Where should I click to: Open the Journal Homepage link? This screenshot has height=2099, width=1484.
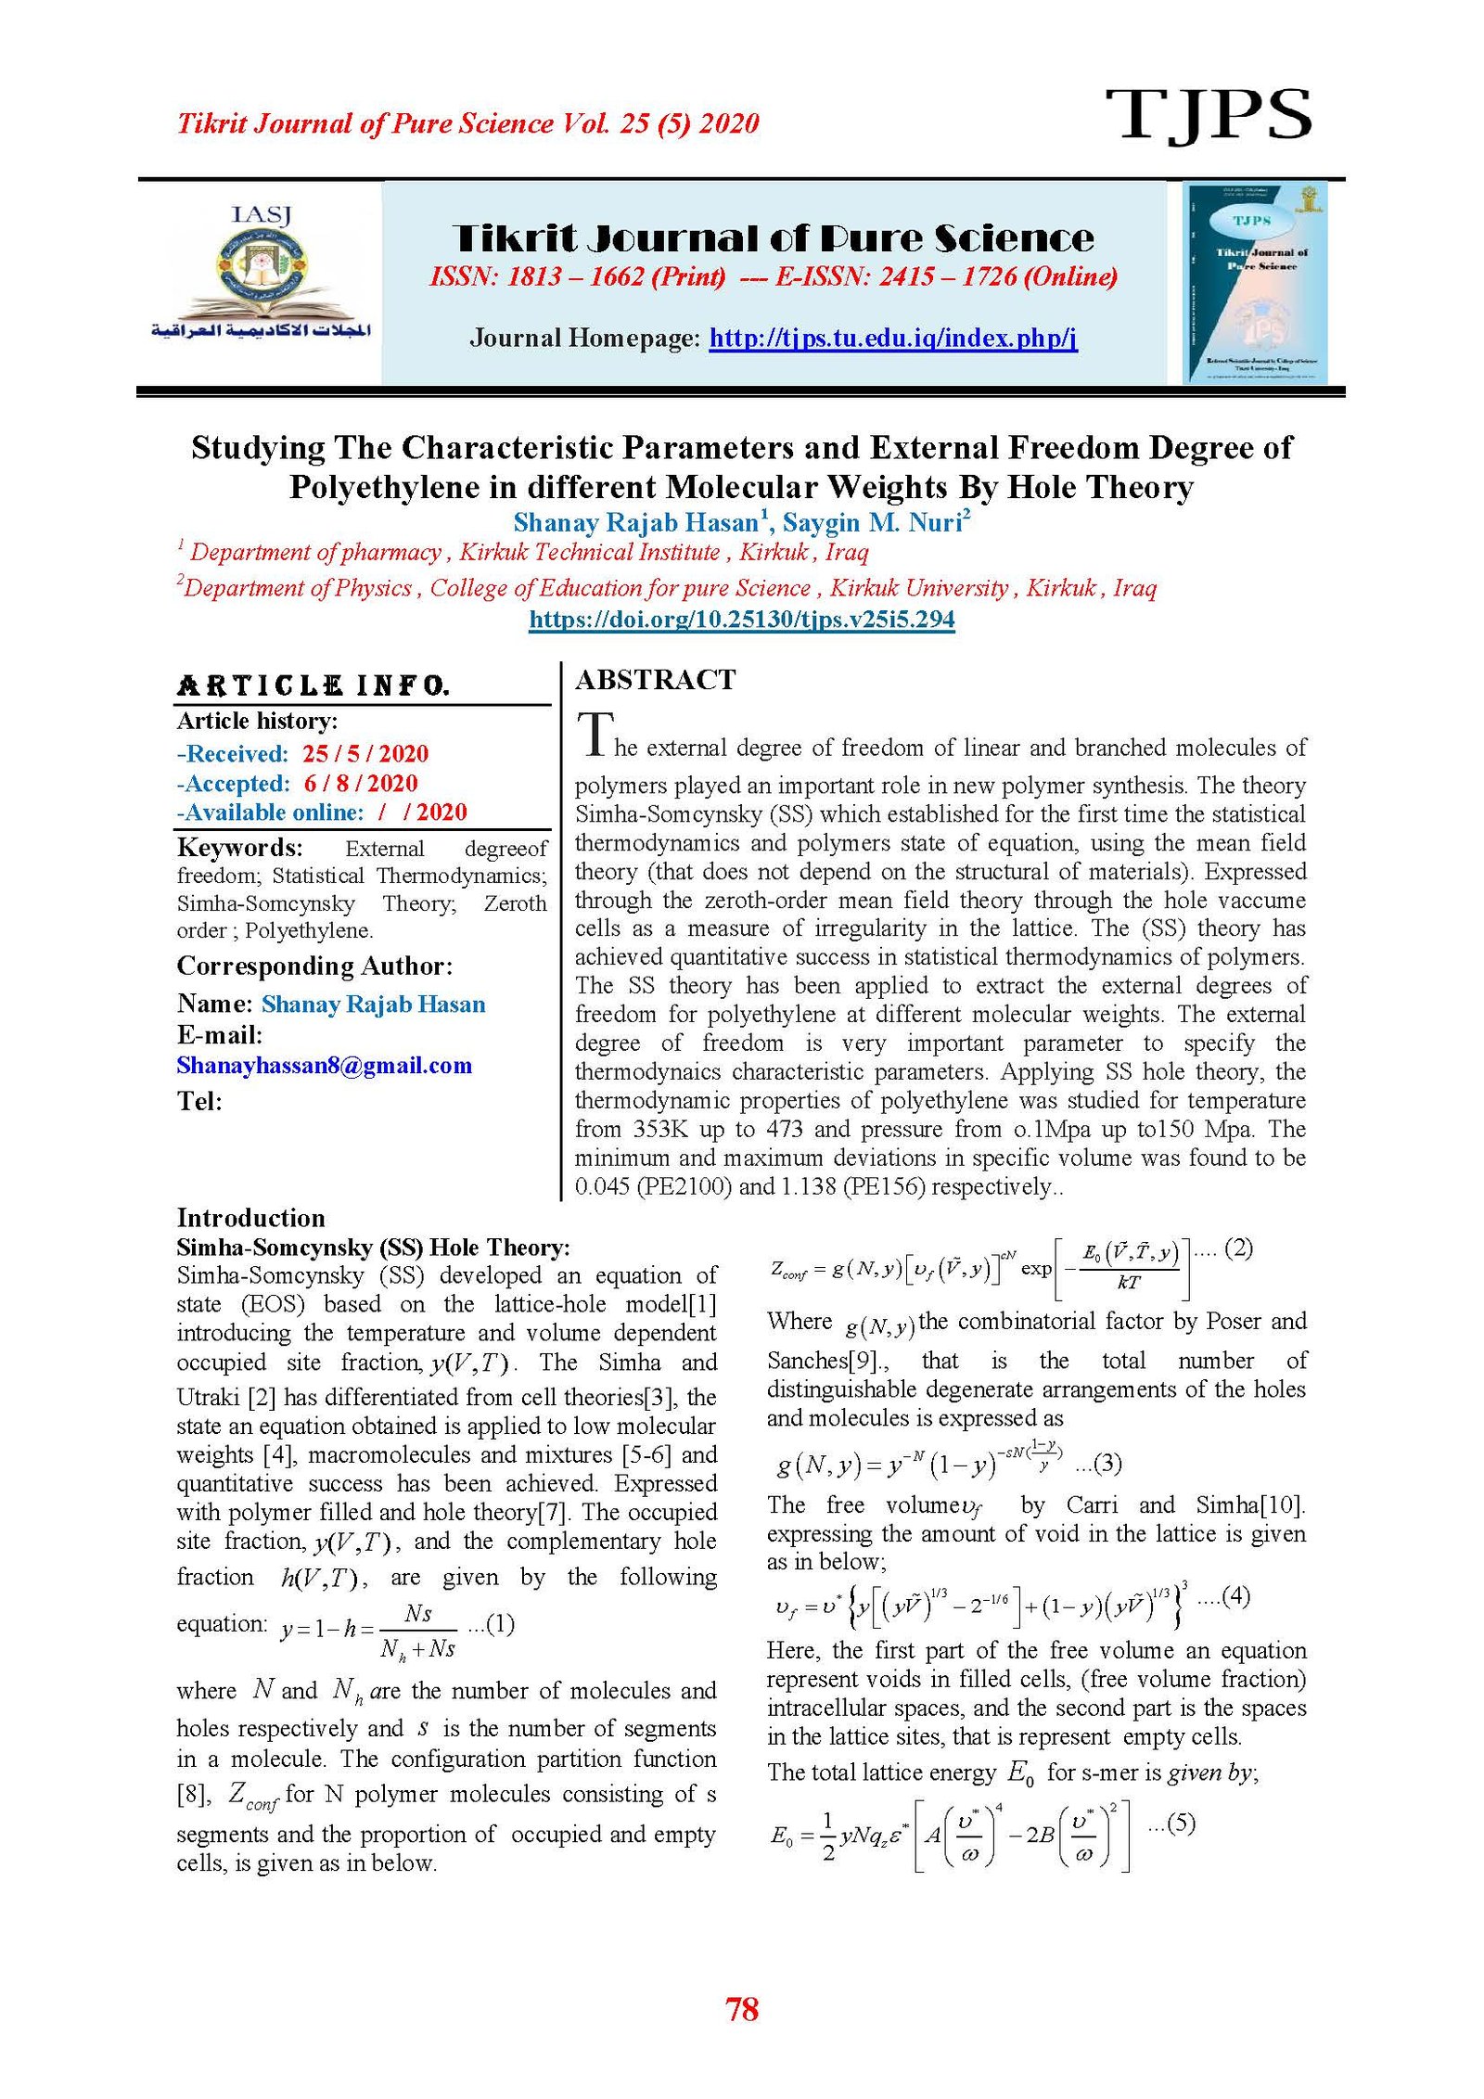tap(892, 338)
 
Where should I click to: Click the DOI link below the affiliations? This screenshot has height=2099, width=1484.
tap(741, 619)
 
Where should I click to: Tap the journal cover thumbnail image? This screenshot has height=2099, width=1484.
tap(1255, 282)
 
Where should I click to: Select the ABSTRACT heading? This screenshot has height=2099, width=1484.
tap(655, 680)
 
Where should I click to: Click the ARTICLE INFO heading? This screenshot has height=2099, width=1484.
tap(313, 686)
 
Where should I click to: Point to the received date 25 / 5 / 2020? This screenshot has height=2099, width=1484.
tap(365, 753)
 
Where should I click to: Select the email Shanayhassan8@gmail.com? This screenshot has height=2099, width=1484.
tap(324, 1065)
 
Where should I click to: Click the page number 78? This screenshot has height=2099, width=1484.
tap(742, 2010)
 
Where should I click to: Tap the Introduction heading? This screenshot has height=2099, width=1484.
tap(250, 1218)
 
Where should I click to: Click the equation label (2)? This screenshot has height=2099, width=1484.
tap(1238, 1248)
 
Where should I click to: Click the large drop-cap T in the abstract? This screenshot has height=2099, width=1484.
tap(595, 734)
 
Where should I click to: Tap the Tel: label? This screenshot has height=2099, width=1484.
tap(199, 1101)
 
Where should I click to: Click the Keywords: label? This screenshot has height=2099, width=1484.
tap(239, 848)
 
